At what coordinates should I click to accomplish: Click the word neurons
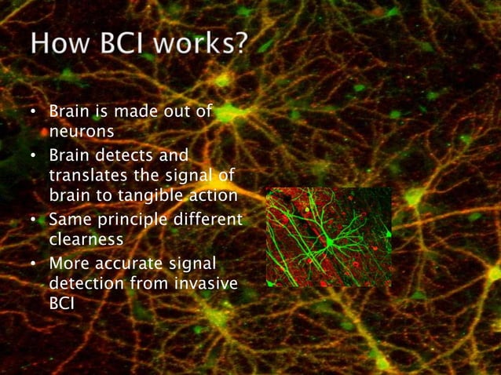[x=77, y=131]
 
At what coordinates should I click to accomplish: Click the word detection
[x=84, y=282]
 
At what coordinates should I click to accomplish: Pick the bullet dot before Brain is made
[x=33, y=113]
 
